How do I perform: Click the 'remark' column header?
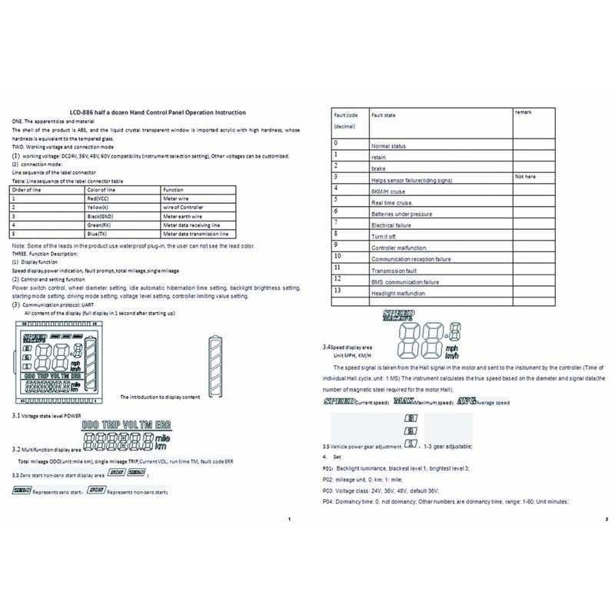[525, 114]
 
